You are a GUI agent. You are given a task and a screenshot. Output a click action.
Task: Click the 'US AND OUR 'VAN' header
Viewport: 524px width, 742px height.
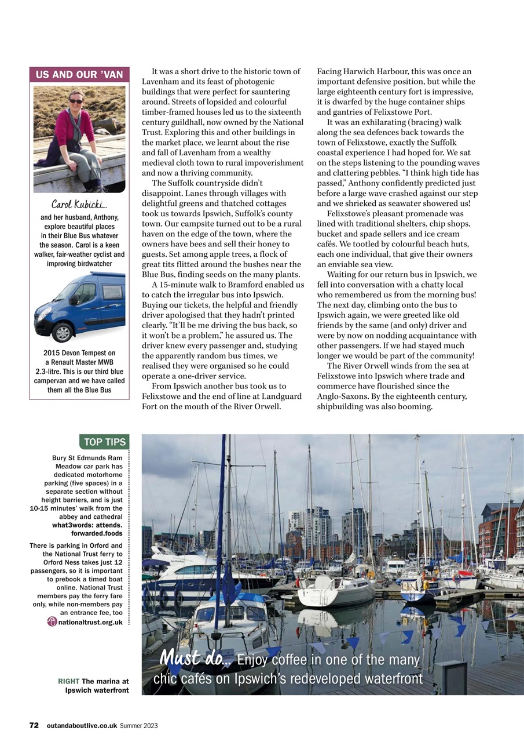[79, 75]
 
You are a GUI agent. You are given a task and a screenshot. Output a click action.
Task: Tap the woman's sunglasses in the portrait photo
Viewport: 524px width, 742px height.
[76, 101]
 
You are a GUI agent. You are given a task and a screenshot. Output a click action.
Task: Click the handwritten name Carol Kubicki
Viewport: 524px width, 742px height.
[79, 205]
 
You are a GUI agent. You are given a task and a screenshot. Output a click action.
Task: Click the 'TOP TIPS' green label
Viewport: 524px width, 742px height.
[104, 442]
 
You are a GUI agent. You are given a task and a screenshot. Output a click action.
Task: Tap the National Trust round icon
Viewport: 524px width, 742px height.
[52, 622]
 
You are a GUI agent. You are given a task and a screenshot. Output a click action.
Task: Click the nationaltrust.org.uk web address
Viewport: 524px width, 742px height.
[90, 622]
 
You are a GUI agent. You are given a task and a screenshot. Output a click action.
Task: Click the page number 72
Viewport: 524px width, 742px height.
[34, 725]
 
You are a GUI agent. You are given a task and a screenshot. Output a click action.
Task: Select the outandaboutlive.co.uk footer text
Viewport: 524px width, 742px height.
[82, 725]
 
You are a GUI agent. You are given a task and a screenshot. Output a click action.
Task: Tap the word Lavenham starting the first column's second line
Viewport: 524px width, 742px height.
[160, 82]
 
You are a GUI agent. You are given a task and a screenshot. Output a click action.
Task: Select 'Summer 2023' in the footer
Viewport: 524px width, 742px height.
[139, 725]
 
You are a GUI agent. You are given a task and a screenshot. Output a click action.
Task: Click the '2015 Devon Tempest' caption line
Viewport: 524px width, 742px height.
[79, 353]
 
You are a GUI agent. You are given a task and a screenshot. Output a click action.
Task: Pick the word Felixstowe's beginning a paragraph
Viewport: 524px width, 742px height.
[349, 213]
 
